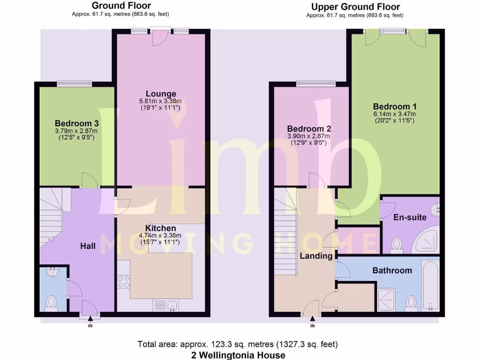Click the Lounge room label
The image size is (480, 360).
coord(161,94)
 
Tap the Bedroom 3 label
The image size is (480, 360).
coord(76,124)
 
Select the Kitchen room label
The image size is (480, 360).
coord(160,228)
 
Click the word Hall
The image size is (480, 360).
coord(88,246)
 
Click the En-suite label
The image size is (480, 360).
coord(410,217)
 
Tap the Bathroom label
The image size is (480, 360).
coord(392,270)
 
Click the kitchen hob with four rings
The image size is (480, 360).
coord(123,281)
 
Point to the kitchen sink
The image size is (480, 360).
coord(172,306)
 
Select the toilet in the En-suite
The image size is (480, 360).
coord(397,244)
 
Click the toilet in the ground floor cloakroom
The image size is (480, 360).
coord(51,302)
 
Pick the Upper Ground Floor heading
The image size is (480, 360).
coord(355,7)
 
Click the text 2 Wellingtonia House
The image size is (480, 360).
coord(238,355)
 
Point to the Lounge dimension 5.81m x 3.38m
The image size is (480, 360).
coord(160,101)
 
